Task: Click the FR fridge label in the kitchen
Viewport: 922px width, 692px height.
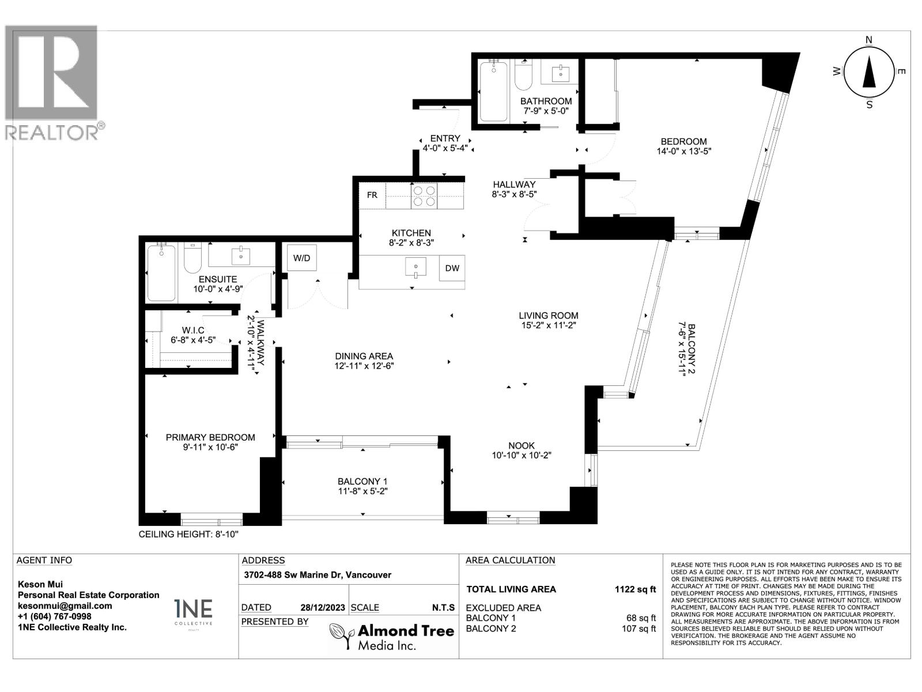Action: [x=372, y=195]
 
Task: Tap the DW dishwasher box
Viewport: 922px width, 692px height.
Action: [x=452, y=268]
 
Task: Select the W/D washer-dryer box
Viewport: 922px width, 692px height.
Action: [x=301, y=258]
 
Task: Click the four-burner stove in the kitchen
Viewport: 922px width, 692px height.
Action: [x=424, y=195]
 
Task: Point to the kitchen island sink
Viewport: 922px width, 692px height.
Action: [x=415, y=267]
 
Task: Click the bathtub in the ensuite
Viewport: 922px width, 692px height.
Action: [x=161, y=273]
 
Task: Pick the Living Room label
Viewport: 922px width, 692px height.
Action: [x=548, y=315]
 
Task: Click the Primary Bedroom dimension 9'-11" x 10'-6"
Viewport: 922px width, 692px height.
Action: [x=210, y=447]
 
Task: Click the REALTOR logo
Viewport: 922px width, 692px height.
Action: [x=53, y=81]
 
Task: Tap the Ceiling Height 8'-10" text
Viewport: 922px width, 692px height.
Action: [x=188, y=535]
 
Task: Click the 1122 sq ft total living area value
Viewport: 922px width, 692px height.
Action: [x=635, y=589]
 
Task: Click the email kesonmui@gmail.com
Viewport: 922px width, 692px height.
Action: [x=65, y=606]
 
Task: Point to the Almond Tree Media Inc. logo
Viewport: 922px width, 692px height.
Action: [x=392, y=637]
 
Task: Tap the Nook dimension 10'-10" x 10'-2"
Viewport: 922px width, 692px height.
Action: [x=522, y=455]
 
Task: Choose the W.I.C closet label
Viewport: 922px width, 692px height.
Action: [x=193, y=330]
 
